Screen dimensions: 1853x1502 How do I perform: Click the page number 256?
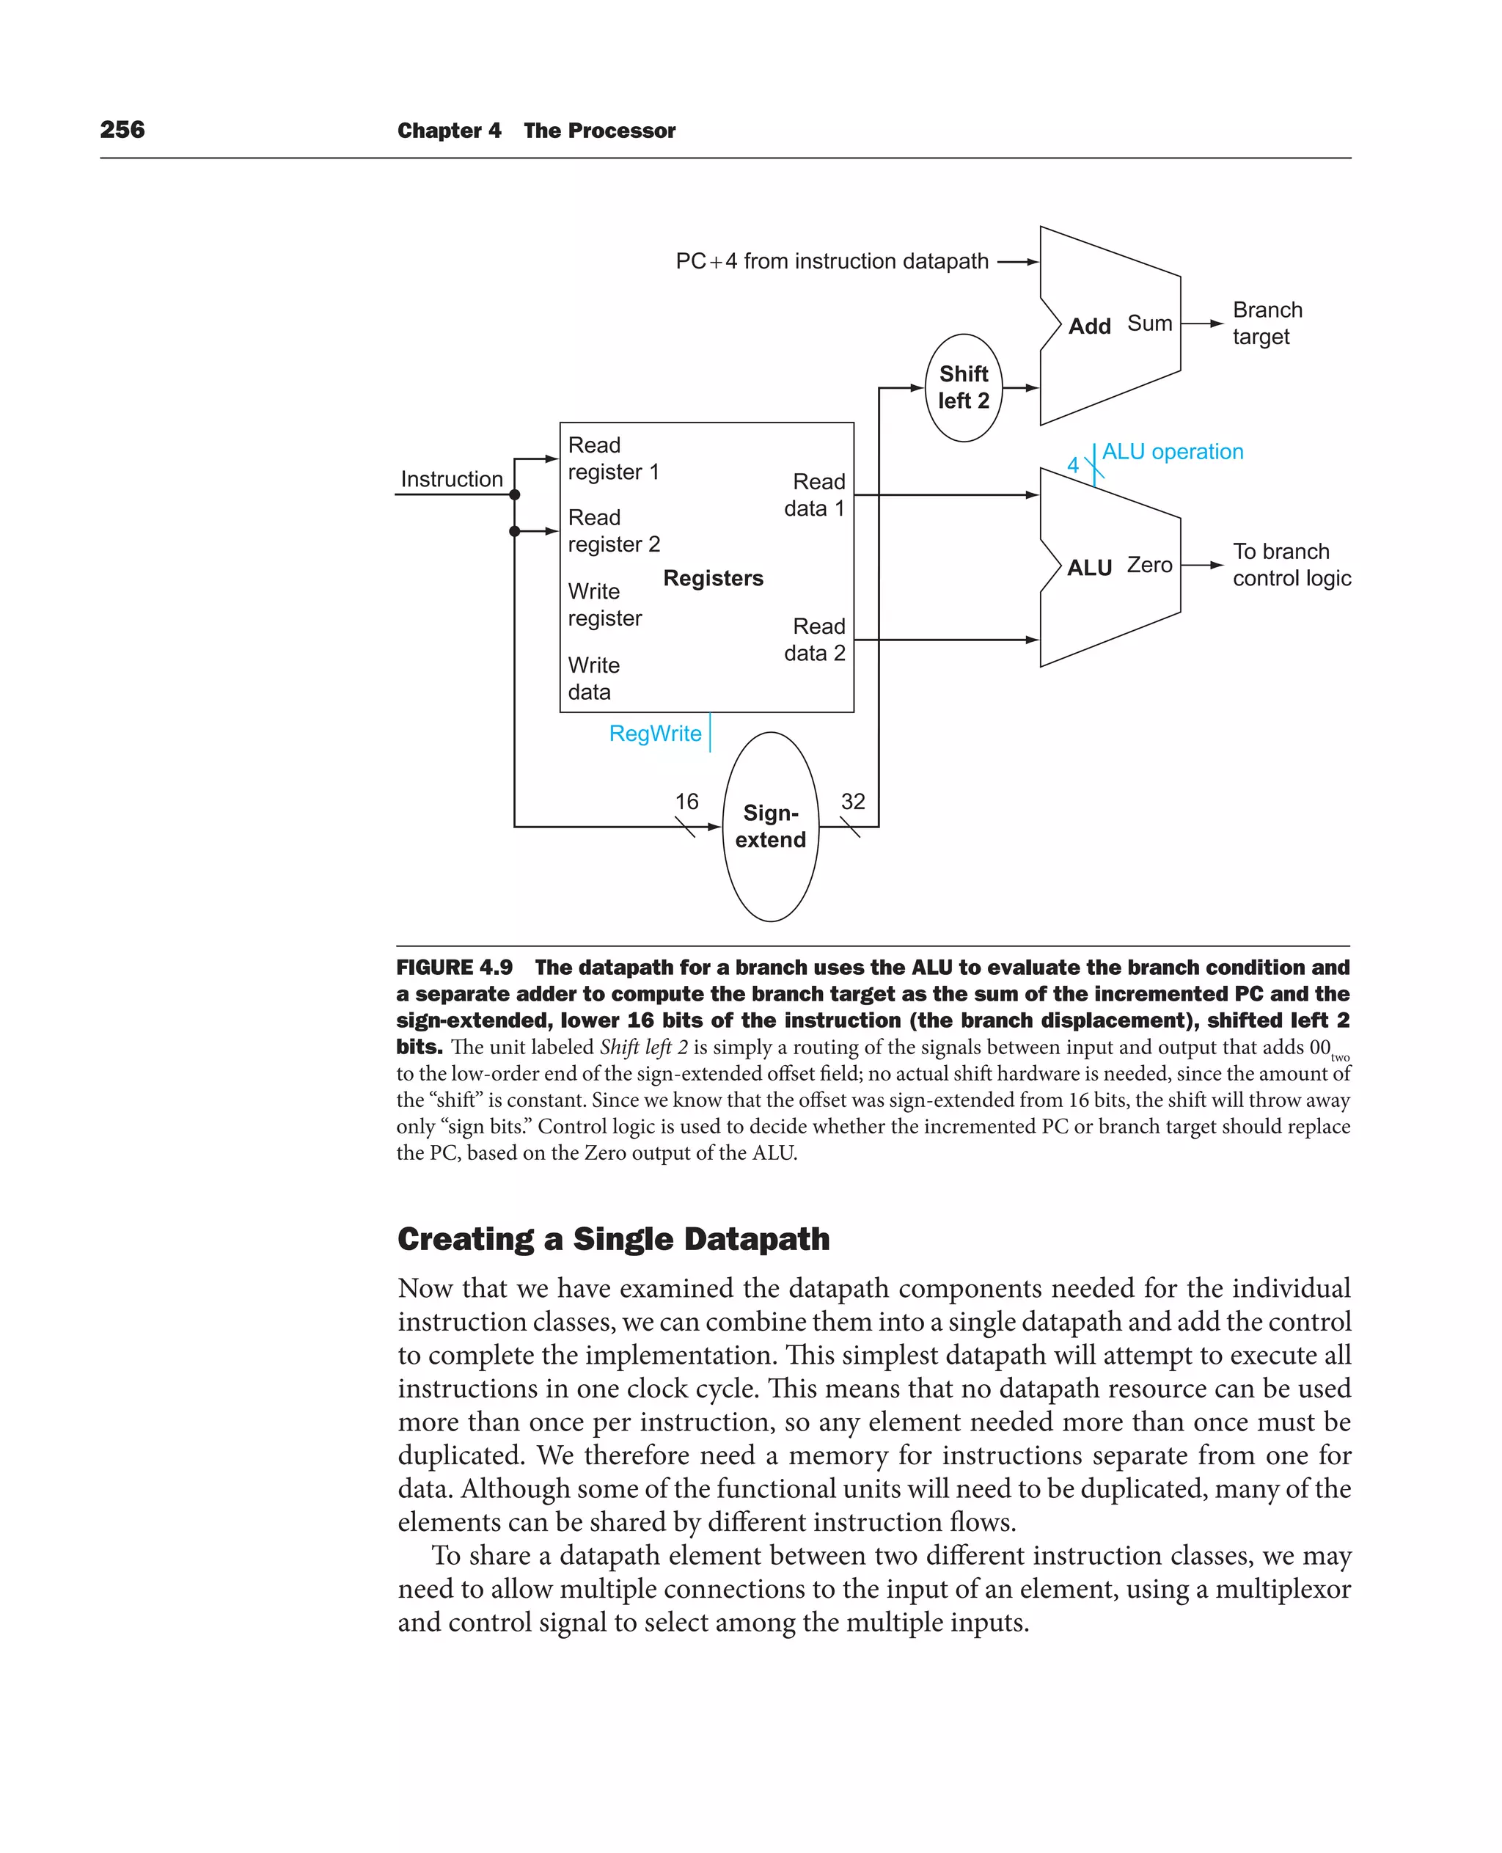point(122,130)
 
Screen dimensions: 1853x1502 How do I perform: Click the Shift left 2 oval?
point(963,388)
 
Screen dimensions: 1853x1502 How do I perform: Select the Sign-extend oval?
point(770,827)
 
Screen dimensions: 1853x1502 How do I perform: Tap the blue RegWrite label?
point(655,733)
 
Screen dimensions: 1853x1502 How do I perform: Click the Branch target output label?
point(1267,323)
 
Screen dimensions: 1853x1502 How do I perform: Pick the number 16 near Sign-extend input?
point(686,802)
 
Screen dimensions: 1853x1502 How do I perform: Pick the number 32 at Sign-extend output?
point(852,802)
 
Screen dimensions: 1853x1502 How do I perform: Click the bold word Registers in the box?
point(713,578)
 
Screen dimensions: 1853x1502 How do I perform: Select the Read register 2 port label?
point(613,530)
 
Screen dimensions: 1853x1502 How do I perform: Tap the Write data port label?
point(593,679)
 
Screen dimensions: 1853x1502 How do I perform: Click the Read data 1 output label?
point(814,495)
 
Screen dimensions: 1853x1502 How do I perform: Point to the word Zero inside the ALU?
point(1149,565)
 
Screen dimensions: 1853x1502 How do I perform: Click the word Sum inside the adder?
point(1149,324)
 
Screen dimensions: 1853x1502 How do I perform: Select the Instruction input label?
point(452,480)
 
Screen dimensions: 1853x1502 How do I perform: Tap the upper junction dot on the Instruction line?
point(515,495)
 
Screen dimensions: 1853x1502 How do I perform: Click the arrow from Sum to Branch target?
point(1203,324)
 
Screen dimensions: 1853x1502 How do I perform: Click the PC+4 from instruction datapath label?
point(832,261)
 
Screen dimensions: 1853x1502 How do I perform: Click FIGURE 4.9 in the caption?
point(454,968)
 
